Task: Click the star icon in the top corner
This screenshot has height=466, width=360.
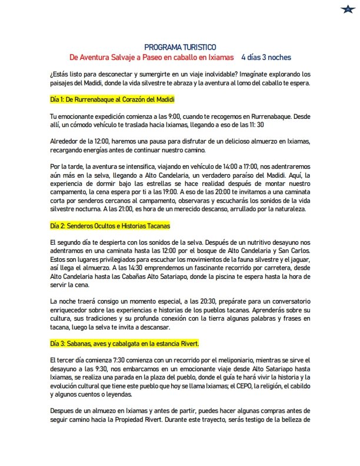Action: coord(346,8)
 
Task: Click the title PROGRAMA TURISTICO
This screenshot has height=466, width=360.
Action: coord(180,47)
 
